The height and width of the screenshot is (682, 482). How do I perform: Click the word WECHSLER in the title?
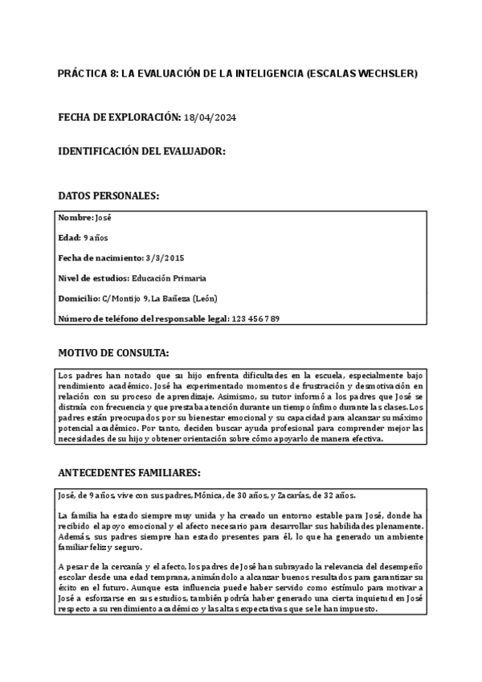point(389,73)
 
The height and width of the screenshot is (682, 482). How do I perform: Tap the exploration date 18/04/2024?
point(210,118)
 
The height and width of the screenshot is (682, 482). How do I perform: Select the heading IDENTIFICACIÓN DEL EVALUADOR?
point(141,151)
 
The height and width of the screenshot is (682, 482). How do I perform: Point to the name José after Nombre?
point(104,218)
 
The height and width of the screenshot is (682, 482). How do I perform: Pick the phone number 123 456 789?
point(255,319)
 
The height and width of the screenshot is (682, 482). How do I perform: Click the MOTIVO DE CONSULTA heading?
point(113,352)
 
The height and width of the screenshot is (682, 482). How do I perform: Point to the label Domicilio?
point(79,298)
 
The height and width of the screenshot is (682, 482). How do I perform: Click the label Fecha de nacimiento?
point(100,258)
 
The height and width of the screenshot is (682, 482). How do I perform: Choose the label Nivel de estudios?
point(92,278)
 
